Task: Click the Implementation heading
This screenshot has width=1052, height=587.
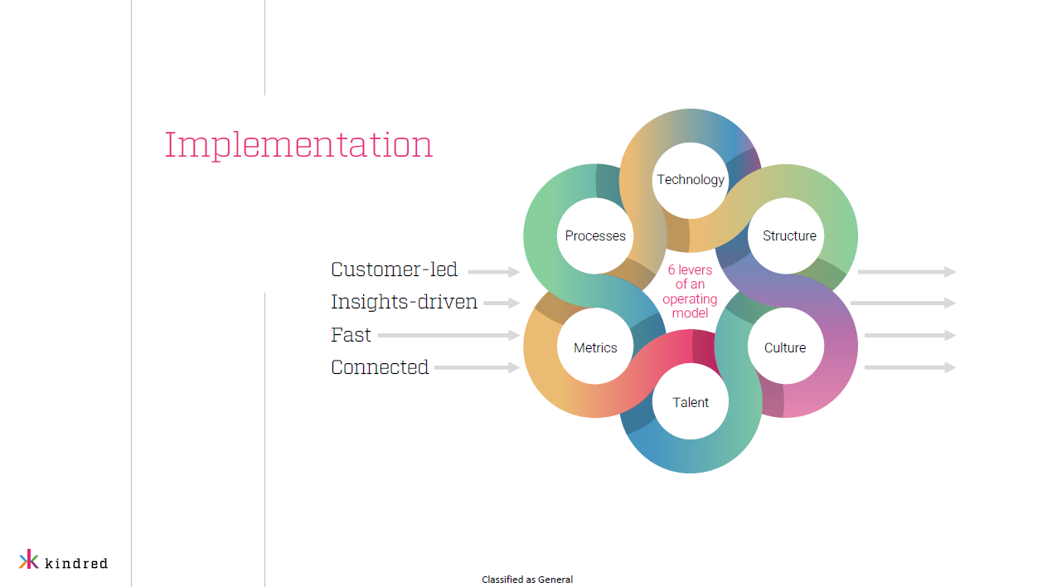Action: [x=298, y=146]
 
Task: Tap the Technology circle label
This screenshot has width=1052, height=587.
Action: [x=691, y=179]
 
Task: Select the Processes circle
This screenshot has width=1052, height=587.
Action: [x=595, y=235]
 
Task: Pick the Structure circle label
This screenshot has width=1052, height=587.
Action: [x=789, y=235]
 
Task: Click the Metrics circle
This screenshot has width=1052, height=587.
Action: [x=595, y=347]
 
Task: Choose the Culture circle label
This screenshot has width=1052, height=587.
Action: [x=785, y=347]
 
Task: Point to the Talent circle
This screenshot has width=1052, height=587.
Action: [x=691, y=401]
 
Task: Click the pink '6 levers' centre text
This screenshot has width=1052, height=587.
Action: [x=690, y=291]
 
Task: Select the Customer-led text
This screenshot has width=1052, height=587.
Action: [x=394, y=269]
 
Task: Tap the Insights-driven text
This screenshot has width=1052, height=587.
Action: [x=404, y=302]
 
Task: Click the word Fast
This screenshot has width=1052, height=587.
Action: [x=351, y=335]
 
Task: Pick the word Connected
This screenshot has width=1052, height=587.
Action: [x=380, y=367]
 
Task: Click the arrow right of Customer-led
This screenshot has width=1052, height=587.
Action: [x=494, y=271]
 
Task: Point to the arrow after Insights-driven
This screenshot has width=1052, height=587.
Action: [x=502, y=303]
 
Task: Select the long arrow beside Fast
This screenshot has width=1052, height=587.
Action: [x=448, y=335]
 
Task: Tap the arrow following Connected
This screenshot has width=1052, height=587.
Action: [x=478, y=367]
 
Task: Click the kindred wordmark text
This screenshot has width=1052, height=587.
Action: [x=76, y=563]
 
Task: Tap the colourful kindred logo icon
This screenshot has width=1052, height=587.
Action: [x=29, y=559]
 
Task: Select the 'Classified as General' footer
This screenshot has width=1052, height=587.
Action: [x=527, y=580]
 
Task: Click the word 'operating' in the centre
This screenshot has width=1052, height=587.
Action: [x=690, y=299]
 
